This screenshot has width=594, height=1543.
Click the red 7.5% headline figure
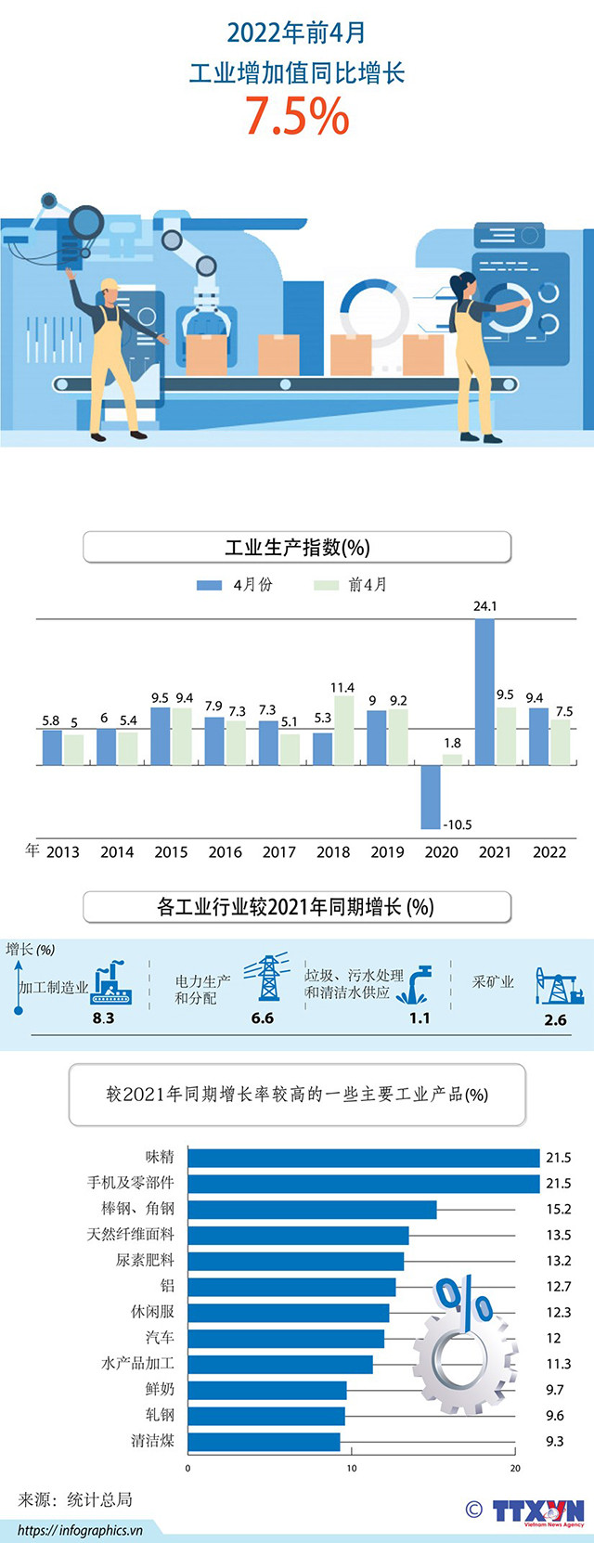pyautogui.click(x=297, y=116)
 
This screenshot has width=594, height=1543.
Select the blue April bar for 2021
pyautogui.click(x=484, y=692)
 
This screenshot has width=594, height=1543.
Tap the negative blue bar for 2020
pyautogui.click(x=430, y=797)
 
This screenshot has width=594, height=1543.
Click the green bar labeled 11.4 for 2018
pyautogui.click(x=343, y=731)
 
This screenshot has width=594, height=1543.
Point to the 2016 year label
pyautogui.click(x=225, y=851)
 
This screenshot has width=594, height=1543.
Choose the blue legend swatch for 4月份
pyautogui.click(x=209, y=585)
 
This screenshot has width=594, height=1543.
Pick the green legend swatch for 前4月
pyautogui.click(x=326, y=585)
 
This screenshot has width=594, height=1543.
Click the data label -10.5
pyautogui.click(x=458, y=824)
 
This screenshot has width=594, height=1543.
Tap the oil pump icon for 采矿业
pyautogui.click(x=558, y=986)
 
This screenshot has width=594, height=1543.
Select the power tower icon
pyautogui.click(x=267, y=978)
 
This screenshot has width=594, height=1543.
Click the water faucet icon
pyautogui.click(x=415, y=985)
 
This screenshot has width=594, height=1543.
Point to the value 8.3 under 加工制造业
pyautogui.click(x=103, y=1018)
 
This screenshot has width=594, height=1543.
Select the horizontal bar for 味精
pyautogui.click(x=363, y=1157)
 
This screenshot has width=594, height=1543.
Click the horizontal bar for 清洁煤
pyautogui.click(x=264, y=1441)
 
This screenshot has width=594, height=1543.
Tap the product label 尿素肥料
pyautogui.click(x=145, y=1260)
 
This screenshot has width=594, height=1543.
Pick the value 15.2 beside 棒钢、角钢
pyautogui.click(x=559, y=1209)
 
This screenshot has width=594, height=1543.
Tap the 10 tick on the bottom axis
pyautogui.click(x=352, y=1468)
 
